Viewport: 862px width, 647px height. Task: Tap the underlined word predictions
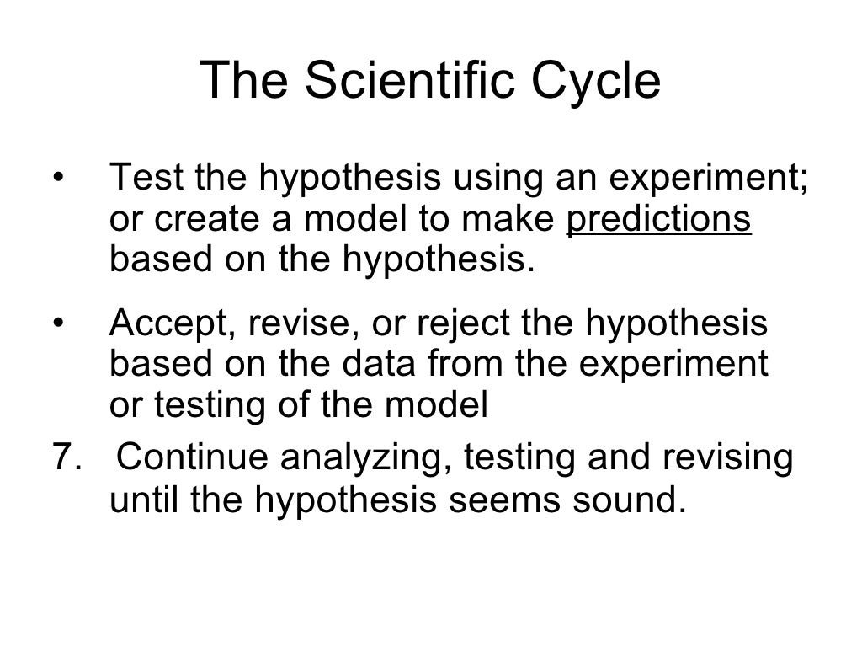pyautogui.click(x=659, y=219)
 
